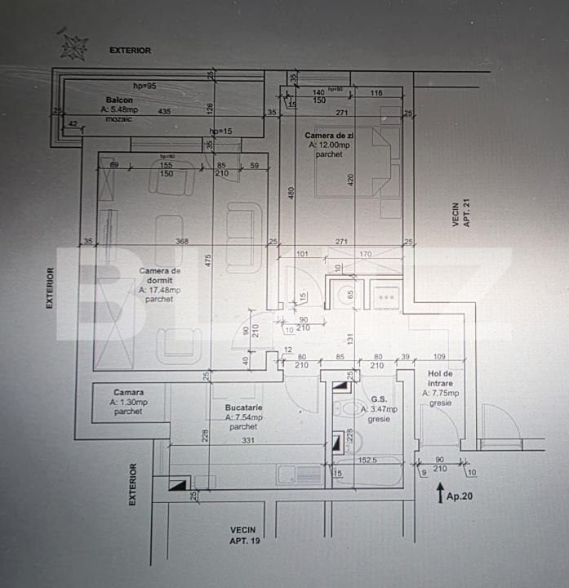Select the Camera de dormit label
pyautogui.click(x=159, y=275)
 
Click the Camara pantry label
pyautogui.click(x=129, y=392)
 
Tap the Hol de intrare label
pyautogui.click(x=440, y=377)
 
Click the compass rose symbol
pyautogui.click(x=73, y=45)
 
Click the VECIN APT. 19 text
pyautogui.click(x=243, y=535)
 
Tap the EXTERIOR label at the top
pyautogui.click(x=131, y=51)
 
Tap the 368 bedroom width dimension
pyautogui.click(x=181, y=241)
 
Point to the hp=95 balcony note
pyautogui.click(x=144, y=85)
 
